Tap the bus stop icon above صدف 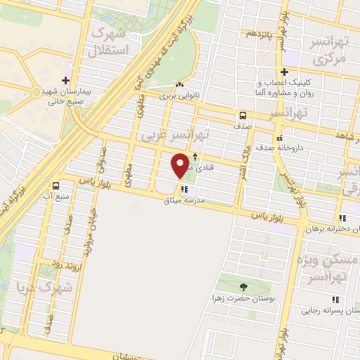242,116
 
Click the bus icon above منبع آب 56,185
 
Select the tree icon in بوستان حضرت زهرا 243,286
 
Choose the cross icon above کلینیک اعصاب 284,72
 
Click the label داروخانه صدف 308,137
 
